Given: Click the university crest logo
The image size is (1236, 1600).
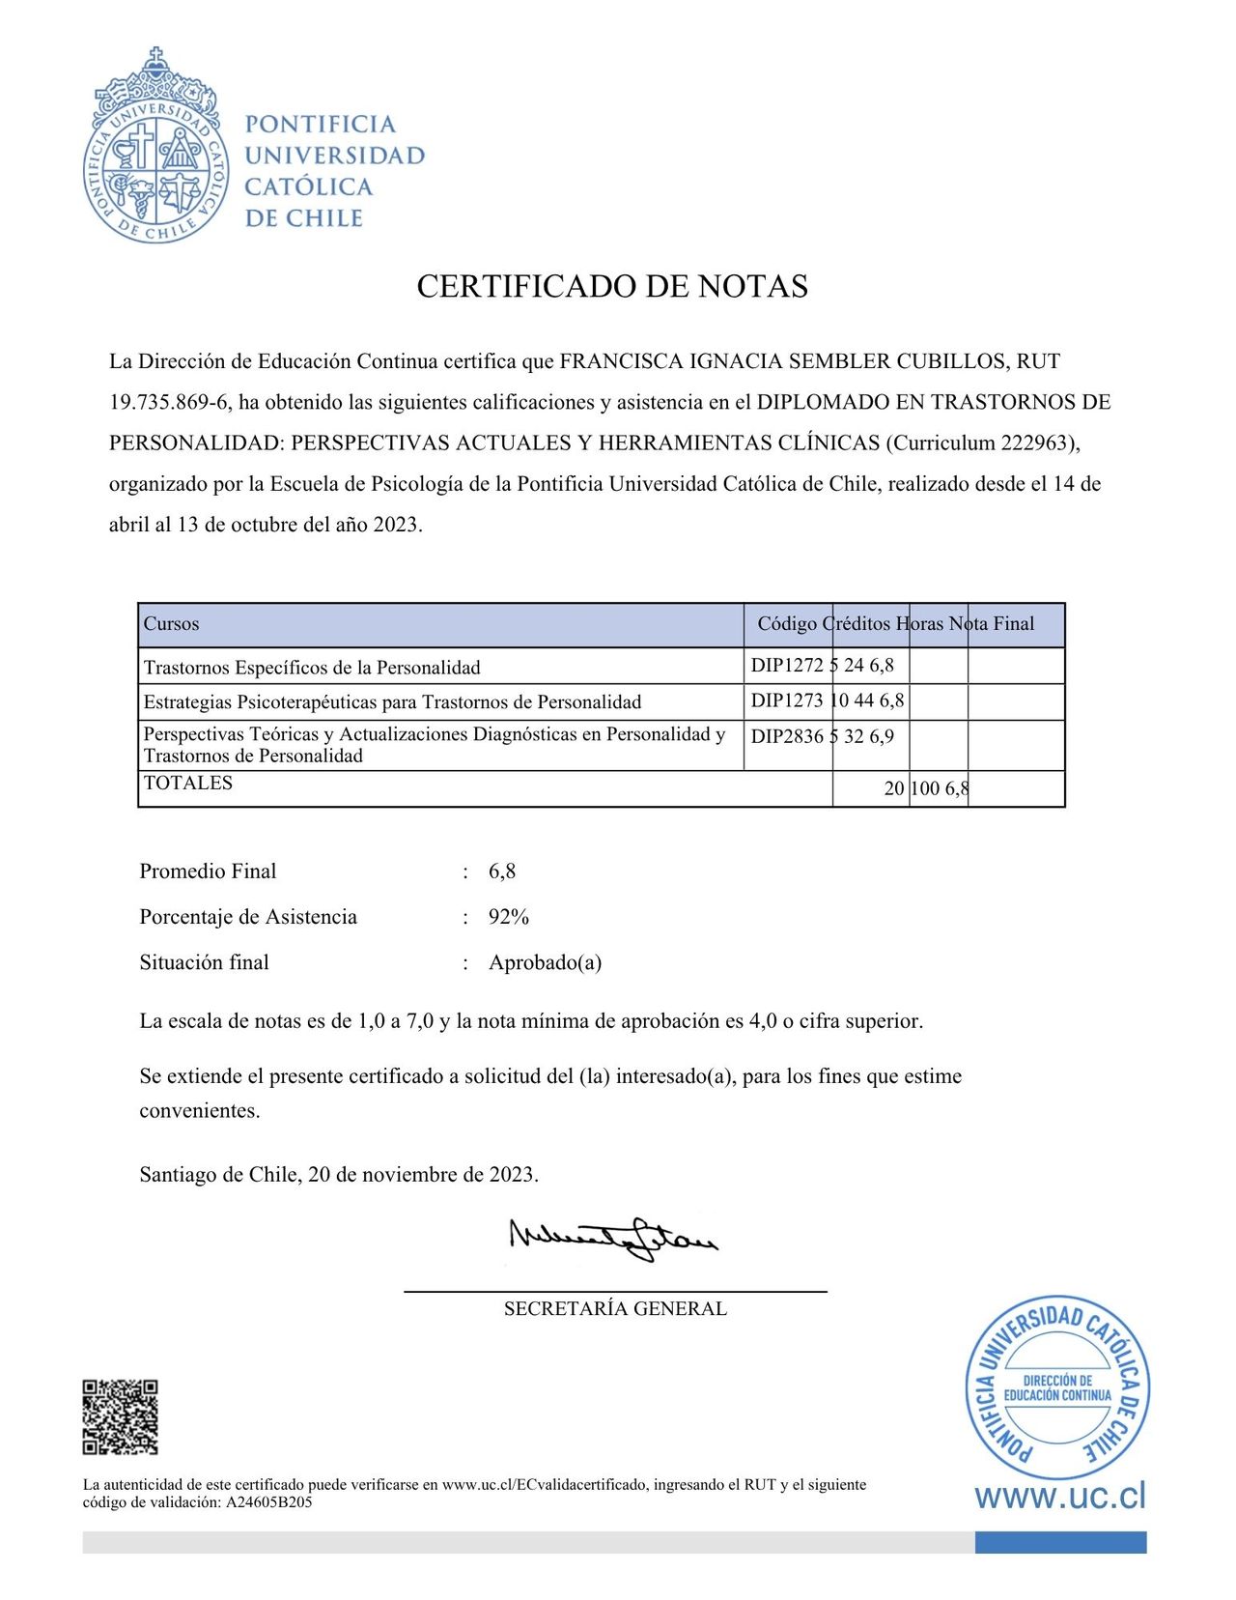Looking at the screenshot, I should pos(155,146).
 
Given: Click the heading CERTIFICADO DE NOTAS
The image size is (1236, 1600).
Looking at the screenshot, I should pos(612,286).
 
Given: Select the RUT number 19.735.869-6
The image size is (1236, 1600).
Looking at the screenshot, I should pos(168,402).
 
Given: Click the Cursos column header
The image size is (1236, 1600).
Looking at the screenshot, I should pos(172,624).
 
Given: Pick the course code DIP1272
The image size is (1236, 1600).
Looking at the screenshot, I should pos(787,666).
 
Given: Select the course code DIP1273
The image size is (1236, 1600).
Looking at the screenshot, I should pos(787,700).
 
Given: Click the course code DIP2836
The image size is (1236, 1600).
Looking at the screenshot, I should pos(787,736).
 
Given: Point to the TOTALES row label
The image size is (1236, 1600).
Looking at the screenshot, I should pos(188,784).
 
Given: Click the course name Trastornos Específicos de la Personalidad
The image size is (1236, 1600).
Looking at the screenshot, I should pos(312,668).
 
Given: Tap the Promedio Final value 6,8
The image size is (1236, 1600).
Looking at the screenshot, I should pos(502,871).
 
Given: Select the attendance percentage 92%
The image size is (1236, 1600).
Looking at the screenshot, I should pos(509,917).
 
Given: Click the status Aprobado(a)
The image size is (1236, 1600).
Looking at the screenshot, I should pos(546,962).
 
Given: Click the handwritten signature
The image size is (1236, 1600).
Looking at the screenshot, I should pos(613,1239).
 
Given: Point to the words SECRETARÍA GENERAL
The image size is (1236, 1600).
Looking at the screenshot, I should pos(615,1309).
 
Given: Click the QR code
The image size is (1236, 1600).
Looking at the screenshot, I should pos(120,1417).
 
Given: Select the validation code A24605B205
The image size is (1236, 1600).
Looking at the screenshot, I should pos(268,1502).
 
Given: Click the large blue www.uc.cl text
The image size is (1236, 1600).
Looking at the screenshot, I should pos(1060,1497).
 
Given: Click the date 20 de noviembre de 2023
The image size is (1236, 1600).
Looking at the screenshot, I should pos(422,1175).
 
